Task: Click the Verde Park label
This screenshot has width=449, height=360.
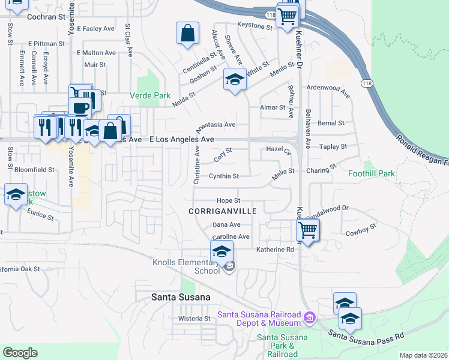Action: click(150, 95)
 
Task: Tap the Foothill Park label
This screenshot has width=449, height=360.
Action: click(372, 173)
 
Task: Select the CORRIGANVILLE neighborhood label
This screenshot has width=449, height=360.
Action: click(222, 211)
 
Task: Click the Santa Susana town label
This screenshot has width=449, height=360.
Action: click(181, 297)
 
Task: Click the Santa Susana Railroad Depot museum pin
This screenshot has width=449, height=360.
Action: click(309, 316)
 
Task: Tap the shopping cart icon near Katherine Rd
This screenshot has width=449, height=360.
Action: click(307, 229)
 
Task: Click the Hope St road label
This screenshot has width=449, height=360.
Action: click(228, 200)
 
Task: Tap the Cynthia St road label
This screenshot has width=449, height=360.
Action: click(224, 176)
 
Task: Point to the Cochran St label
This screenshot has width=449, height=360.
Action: click(46, 17)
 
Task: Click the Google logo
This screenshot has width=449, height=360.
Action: click(20, 353)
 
